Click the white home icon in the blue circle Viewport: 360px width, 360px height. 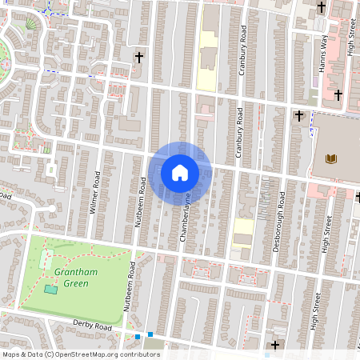tap(180, 172)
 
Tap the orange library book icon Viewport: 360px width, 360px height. tap(330, 158)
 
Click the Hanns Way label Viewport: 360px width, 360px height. tap(324, 55)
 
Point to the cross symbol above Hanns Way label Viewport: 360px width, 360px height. tap(322, 7)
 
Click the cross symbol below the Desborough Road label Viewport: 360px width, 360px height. tap(276, 345)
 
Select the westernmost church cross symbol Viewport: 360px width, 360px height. tap(139, 58)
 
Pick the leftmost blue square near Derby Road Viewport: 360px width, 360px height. tap(138, 336)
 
